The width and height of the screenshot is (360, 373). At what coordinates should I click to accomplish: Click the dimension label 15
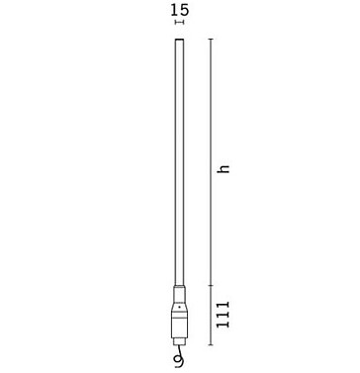tap(179, 11)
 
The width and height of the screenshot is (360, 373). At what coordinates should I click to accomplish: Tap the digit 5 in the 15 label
tap(184, 11)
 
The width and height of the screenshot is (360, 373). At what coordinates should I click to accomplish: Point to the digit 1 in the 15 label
tap(175, 11)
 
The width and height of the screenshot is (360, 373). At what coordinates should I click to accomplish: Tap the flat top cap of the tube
tap(179, 40)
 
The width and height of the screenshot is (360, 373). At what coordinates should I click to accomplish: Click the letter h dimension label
tap(224, 169)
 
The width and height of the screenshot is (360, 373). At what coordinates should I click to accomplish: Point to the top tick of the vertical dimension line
tap(210, 39)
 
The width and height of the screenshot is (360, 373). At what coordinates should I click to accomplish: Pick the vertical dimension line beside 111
tap(210, 317)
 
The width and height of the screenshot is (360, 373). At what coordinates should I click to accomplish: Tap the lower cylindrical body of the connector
tap(179, 324)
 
